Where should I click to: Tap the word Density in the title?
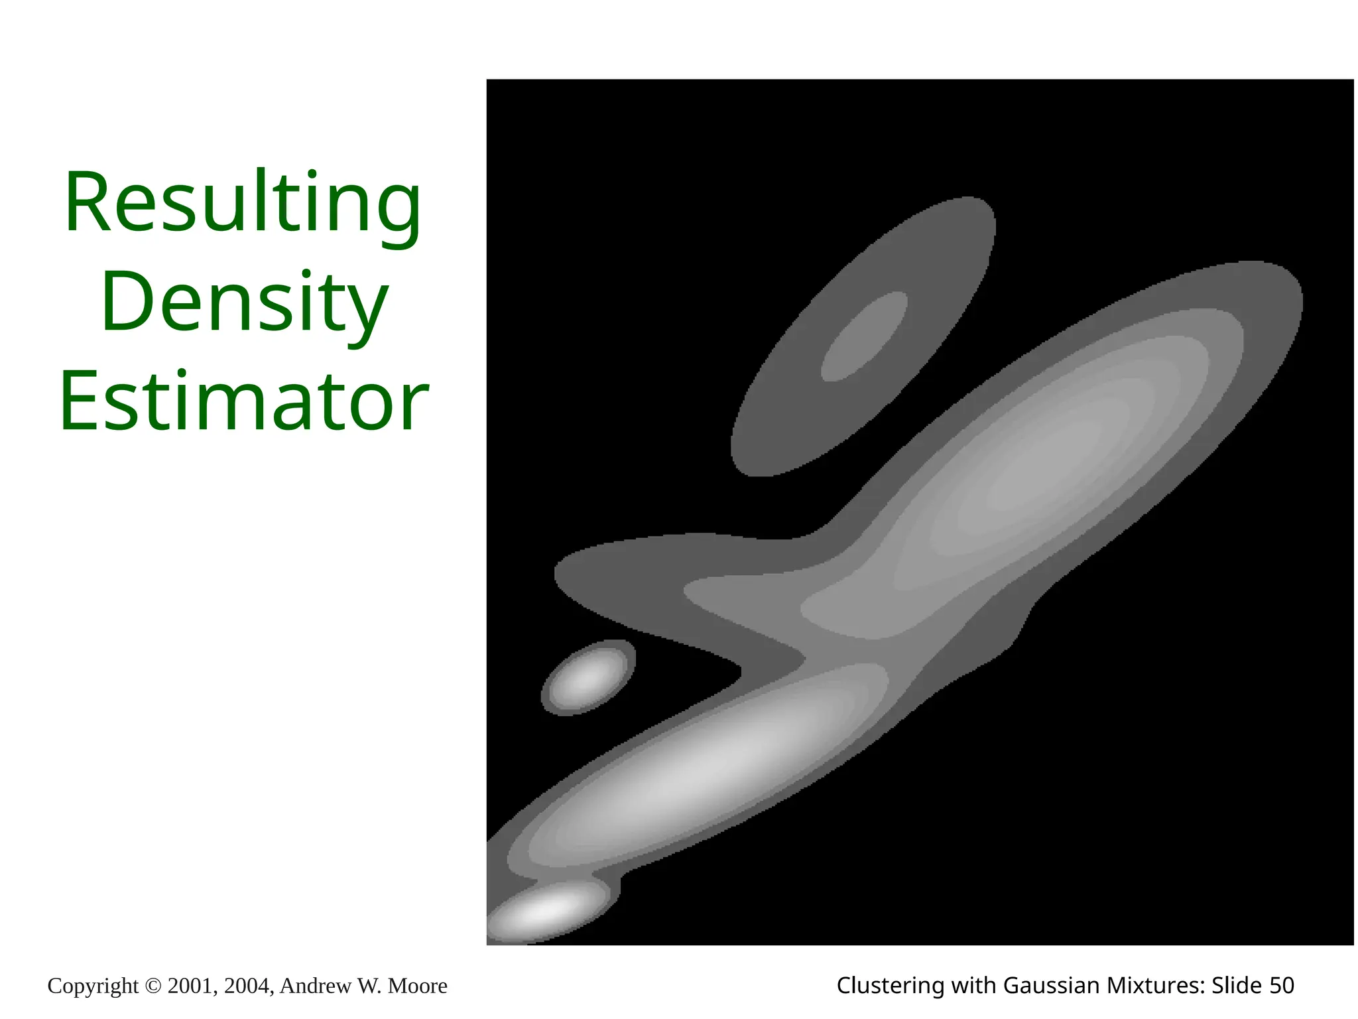(244, 302)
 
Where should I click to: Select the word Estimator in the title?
(244, 402)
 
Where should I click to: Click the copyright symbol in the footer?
(153, 986)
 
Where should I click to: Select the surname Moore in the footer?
(418, 986)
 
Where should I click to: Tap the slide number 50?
(1281, 986)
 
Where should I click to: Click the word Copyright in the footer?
(93, 986)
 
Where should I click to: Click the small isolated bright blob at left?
(587, 677)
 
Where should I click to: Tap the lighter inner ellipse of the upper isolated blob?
(864, 336)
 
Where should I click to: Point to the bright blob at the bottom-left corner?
(540, 914)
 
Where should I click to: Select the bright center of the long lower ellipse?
(696, 770)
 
